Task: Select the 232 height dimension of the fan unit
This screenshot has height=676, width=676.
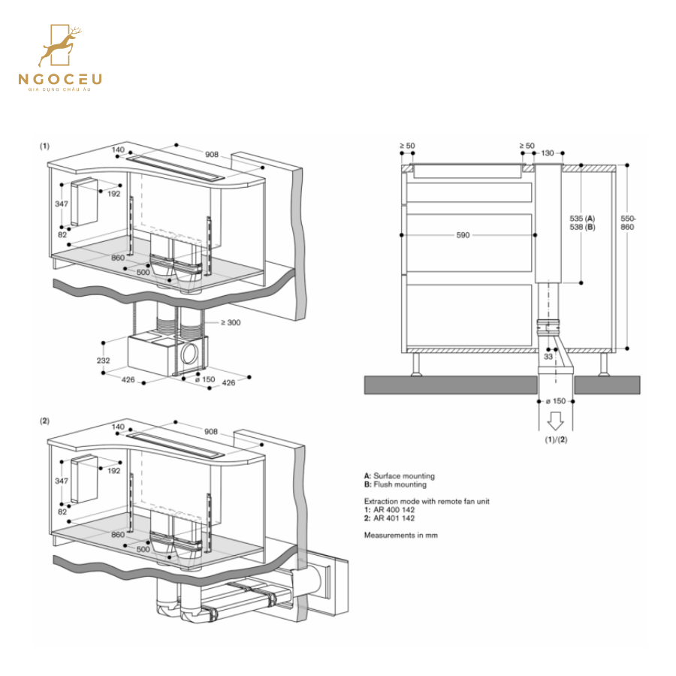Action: (104, 360)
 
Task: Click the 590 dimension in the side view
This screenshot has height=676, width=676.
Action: (463, 235)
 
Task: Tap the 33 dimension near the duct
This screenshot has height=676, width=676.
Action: (548, 357)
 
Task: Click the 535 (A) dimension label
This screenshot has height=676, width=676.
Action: (582, 218)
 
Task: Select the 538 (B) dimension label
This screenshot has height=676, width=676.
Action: (582, 226)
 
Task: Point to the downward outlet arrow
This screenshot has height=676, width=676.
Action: (556, 418)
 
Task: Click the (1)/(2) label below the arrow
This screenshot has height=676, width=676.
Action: (556, 439)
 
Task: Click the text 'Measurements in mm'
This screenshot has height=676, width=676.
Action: (400, 535)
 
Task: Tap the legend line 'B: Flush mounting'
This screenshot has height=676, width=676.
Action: (395, 484)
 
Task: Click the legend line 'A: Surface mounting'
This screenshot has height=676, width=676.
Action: (399, 476)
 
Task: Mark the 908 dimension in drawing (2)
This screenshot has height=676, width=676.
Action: (211, 432)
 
